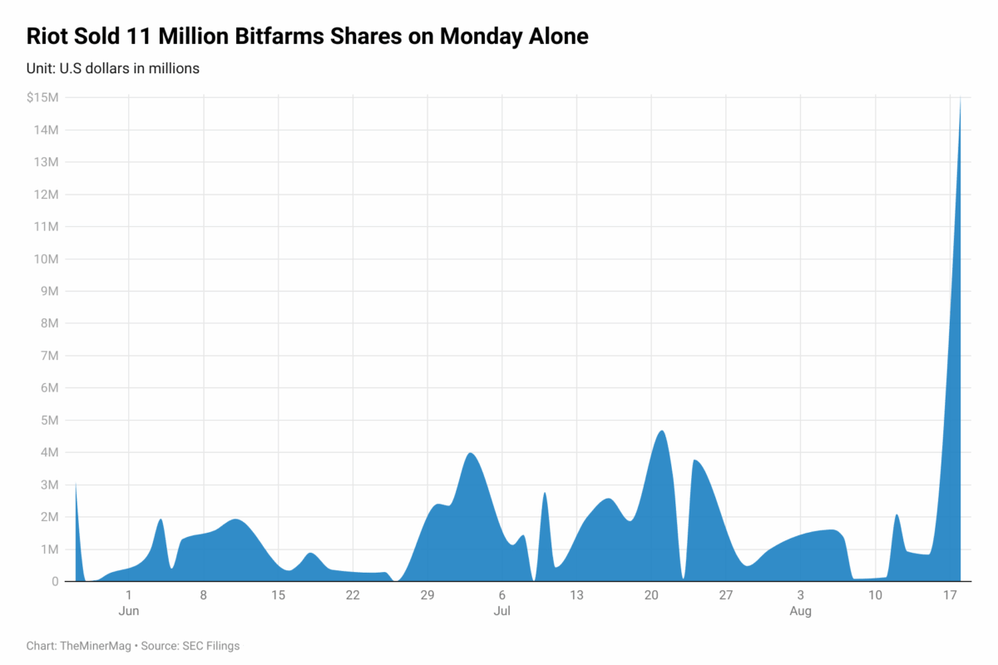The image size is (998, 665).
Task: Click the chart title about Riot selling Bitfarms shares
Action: (x=308, y=37)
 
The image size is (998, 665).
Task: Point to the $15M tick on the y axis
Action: (x=42, y=97)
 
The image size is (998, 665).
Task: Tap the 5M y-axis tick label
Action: (x=49, y=421)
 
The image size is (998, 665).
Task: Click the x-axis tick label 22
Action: (x=353, y=595)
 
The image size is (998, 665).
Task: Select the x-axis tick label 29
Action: (x=427, y=595)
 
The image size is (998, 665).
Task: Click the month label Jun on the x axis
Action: (x=129, y=611)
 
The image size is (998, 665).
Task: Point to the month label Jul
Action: (x=501, y=611)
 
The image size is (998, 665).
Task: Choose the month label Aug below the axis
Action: (x=800, y=611)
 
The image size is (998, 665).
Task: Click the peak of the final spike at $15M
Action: (x=961, y=99)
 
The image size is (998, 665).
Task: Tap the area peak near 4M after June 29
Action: (x=471, y=454)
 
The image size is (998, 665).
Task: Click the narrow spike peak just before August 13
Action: (x=897, y=515)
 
